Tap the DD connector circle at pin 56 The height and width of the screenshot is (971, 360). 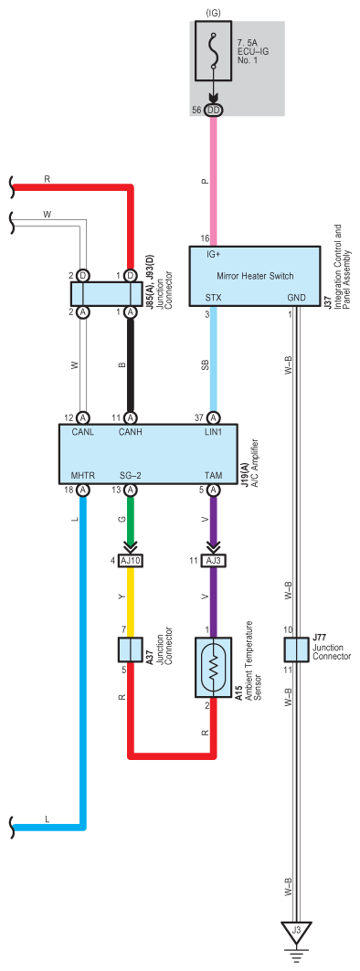coord(215,110)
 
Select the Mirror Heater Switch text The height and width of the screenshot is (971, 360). coord(255,276)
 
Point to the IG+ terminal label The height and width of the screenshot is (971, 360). coord(214,254)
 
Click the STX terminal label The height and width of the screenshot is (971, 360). coord(214,298)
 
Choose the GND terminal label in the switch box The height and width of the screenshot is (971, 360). coord(296,298)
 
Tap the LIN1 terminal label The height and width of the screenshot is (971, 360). coord(213,432)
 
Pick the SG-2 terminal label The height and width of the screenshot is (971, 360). coord(130,475)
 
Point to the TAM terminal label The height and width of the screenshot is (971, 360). coord(213,475)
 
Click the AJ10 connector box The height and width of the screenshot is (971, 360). coord(131,562)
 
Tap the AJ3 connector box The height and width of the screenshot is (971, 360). coord(213,562)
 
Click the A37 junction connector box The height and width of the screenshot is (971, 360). coord(130,649)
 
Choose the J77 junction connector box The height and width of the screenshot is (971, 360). coord(296,649)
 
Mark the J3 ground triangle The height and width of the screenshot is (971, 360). coord(296,931)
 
